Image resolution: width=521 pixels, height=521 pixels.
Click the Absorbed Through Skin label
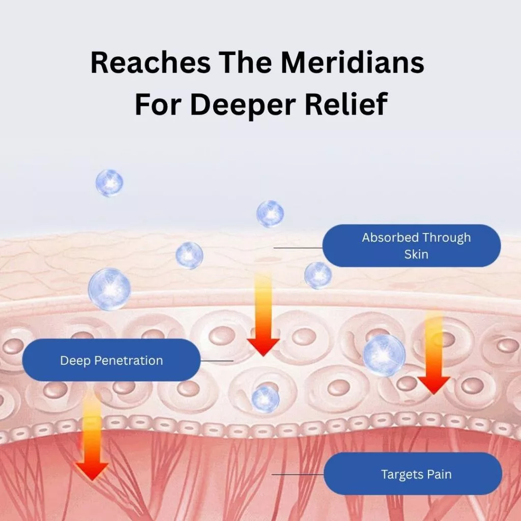click(x=412, y=246)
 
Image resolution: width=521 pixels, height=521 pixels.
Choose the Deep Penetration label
click(x=111, y=360)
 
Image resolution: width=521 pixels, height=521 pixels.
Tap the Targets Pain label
click(x=413, y=474)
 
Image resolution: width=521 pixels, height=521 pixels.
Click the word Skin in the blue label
click(x=416, y=254)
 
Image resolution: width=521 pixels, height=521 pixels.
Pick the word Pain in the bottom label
click(x=440, y=475)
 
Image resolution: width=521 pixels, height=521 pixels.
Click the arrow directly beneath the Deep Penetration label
click(x=92, y=438)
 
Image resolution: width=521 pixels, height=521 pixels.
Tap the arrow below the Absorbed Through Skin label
click(x=433, y=356)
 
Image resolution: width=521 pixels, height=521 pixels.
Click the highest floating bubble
click(x=109, y=183)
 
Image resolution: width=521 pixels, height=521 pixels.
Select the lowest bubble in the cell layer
click(x=266, y=398)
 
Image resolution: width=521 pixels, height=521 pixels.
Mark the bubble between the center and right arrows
click(x=384, y=355)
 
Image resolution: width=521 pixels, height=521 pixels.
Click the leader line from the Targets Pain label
click(x=298, y=474)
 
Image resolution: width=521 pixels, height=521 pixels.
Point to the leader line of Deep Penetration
click(x=217, y=361)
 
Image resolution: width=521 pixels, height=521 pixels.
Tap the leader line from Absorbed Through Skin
click(x=298, y=248)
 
